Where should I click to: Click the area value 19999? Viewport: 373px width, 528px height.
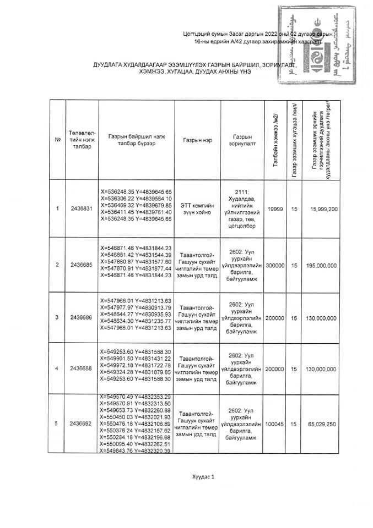pyautogui.click(x=274, y=208)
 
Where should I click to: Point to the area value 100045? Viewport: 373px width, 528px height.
pyautogui.click(x=274, y=424)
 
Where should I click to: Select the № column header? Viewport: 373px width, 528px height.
pyautogui.click(x=57, y=140)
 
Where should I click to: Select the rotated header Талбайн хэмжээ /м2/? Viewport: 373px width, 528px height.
pyautogui.click(x=274, y=140)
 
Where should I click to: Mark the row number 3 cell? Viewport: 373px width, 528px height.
pyautogui.click(x=57, y=317)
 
